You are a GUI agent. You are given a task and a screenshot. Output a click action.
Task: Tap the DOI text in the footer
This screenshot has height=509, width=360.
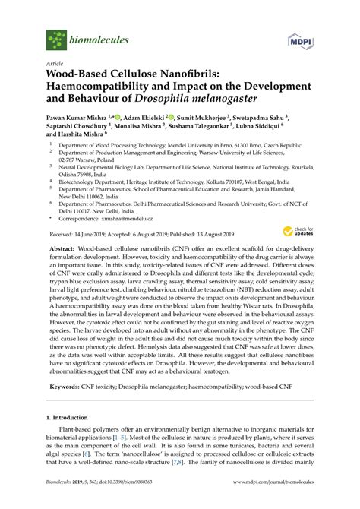click(x=125, y=501)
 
